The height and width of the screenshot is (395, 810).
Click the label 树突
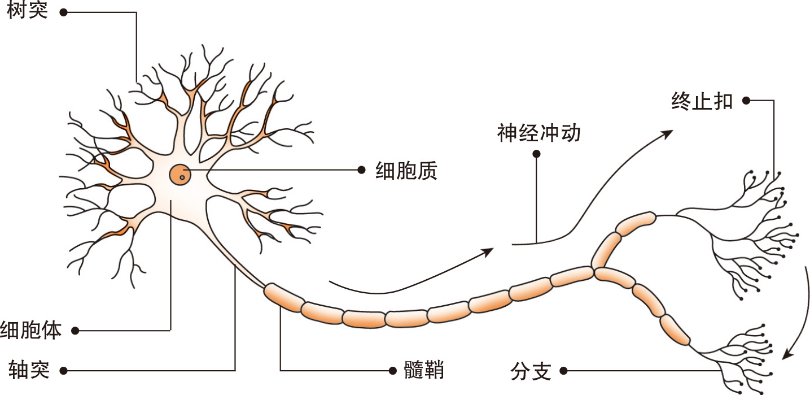point(28,11)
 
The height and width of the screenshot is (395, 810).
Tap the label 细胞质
point(406,170)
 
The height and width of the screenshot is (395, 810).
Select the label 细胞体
point(31,329)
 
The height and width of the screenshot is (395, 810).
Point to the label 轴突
point(29,370)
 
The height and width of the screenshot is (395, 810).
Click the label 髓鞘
point(424,371)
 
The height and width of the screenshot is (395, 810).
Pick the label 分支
point(530,371)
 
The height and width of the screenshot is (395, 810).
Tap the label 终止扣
point(702,101)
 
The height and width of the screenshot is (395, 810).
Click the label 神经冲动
point(538,134)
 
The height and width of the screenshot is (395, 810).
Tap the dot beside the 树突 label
point(63,11)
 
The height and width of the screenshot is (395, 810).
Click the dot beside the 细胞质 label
point(362,169)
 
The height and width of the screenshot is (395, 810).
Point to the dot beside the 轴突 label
point(63,371)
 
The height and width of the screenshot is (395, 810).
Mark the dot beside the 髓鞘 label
point(392,371)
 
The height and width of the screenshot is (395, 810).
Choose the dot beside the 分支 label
point(563,371)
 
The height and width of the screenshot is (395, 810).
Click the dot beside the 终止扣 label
point(746,101)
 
